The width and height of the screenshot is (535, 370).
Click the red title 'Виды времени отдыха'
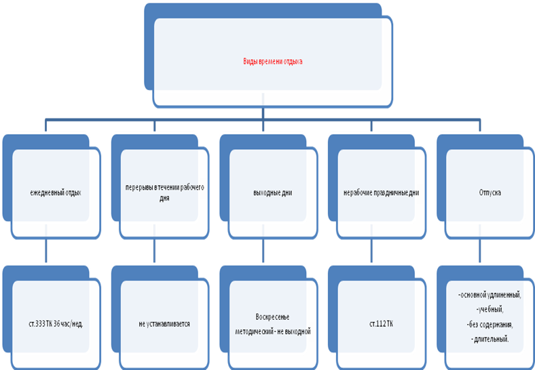273,62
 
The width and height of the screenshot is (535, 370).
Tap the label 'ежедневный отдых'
56,193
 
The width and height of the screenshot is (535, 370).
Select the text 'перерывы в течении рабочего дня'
164,193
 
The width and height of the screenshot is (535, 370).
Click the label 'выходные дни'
273,193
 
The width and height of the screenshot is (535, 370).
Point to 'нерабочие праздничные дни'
381,193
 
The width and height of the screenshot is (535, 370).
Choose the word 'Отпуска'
490,193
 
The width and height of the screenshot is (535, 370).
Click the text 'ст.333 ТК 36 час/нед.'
56,324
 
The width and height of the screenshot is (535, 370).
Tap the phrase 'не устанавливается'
164,324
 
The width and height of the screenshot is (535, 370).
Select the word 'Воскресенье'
273,317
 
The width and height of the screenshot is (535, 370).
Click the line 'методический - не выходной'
273,331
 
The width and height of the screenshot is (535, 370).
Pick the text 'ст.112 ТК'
381,324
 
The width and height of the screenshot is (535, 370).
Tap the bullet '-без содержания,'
490,325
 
